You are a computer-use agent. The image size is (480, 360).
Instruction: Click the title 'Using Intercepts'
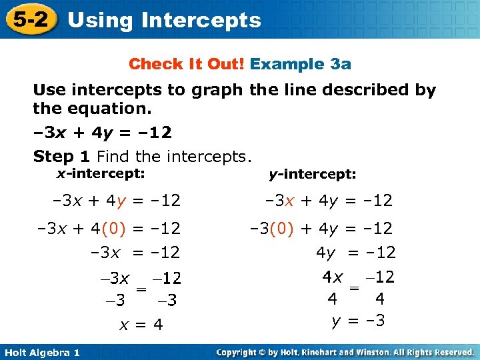164,20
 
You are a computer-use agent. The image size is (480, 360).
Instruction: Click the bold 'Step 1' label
63,157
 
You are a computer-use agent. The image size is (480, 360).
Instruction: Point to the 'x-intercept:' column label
100,173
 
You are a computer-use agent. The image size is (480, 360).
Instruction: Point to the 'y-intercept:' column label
312,175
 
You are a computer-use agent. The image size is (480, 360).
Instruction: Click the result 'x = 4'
141,325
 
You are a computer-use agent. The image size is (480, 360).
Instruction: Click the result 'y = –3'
359,321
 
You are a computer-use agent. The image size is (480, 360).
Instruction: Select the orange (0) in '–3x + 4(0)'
113,228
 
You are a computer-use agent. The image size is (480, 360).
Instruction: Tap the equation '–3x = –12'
135,253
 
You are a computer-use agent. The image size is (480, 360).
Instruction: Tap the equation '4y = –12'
355,253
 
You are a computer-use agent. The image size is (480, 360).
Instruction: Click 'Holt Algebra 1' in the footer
41,352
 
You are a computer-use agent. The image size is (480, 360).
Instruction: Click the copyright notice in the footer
345,352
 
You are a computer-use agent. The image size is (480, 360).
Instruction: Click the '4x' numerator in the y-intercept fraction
332,276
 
